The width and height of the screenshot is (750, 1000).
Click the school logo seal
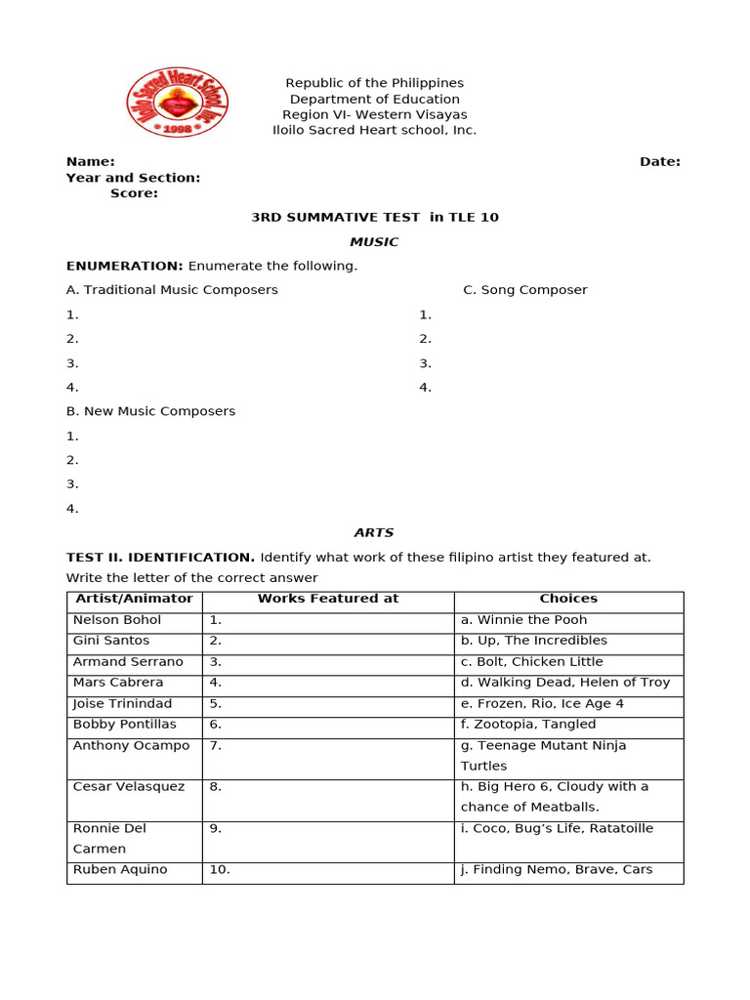(177, 103)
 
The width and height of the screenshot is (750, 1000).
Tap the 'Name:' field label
(91, 161)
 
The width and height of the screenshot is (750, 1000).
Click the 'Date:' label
(660, 161)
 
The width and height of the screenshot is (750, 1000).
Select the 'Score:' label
(134, 193)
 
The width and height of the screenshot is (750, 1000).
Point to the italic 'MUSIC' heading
(374, 241)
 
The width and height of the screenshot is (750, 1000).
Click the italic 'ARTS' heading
(374, 532)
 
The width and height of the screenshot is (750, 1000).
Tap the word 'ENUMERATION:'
(125, 266)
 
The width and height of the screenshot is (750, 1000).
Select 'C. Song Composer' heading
(524, 290)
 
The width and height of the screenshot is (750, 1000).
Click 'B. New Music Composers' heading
(150, 411)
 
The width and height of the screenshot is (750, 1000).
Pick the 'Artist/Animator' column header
(133, 599)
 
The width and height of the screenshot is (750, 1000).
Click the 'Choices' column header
(568, 599)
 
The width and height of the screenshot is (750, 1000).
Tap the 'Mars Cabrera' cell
(118, 683)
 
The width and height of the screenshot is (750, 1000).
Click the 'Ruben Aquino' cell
(120, 870)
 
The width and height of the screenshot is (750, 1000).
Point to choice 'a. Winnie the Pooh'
(523, 620)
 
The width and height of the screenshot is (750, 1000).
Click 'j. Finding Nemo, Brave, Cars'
(557, 870)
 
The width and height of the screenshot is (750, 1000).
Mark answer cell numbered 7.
(327, 756)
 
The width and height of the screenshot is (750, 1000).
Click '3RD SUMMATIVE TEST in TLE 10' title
(375, 217)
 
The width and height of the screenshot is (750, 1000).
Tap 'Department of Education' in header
(375, 99)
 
